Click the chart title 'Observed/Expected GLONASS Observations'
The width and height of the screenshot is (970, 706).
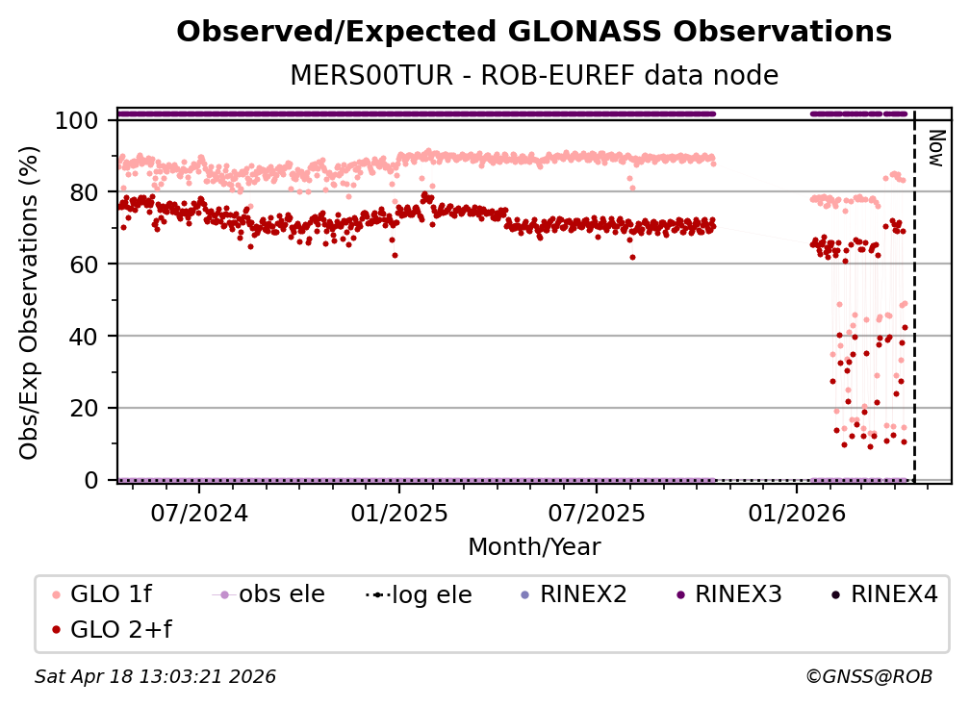coord(534,32)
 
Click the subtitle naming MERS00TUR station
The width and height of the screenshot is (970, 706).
coord(534,75)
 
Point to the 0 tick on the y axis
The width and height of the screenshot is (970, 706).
coord(92,480)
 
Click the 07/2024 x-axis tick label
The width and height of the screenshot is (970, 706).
coord(198,512)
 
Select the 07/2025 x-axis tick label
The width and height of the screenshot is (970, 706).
coord(596,512)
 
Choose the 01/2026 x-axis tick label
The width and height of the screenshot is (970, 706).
coord(796,512)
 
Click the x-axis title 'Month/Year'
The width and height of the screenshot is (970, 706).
coord(534,547)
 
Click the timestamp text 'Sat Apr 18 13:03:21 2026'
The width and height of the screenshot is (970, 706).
coord(156,677)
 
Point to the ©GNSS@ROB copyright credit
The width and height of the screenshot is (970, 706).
coord(868,677)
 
